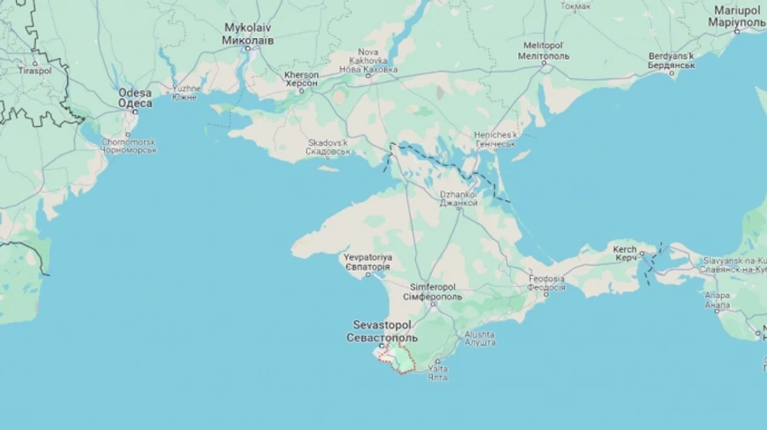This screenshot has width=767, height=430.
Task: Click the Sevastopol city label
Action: coord(382,331)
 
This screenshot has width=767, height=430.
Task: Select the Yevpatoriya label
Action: coord(366,261)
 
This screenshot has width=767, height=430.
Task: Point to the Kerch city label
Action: coord(626,253)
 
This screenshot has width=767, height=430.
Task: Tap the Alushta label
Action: coord(480,338)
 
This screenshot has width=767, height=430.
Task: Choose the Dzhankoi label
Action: coord(458,198)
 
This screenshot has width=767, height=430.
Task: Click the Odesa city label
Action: coord(135,98)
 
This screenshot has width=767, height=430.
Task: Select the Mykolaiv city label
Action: coord(248,33)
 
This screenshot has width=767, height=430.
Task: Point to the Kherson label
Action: coord(302,79)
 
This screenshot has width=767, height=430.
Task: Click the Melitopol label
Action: coord(543,50)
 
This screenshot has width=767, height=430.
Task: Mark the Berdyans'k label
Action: coord(671,60)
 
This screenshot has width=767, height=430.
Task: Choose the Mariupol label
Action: coord(738,14)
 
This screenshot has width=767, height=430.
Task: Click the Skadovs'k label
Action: coord(328,147)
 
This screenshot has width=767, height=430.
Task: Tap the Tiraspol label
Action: coord(35,70)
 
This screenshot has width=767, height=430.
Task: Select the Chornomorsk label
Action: coord(129,146)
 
